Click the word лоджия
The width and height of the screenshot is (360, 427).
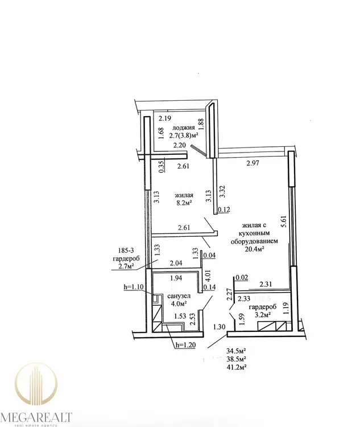coord(183,128)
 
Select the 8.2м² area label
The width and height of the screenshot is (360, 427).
coord(184,203)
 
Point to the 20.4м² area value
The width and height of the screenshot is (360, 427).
coord(254,249)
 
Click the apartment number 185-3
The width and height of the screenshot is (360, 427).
coord(126,251)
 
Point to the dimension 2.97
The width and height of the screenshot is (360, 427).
coord(253,163)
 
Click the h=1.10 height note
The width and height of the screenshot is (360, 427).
coord(133,287)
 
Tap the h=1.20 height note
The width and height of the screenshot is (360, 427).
coord(185,345)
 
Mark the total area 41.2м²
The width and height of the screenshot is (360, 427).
coord(237,367)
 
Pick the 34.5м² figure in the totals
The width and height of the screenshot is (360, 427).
coord(237,351)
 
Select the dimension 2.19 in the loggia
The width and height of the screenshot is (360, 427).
coord(164,118)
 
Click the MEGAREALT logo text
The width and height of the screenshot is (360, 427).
coord(36,418)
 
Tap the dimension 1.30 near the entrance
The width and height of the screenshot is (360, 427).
coord(220,327)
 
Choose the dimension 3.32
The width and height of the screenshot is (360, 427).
coord(222,192)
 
